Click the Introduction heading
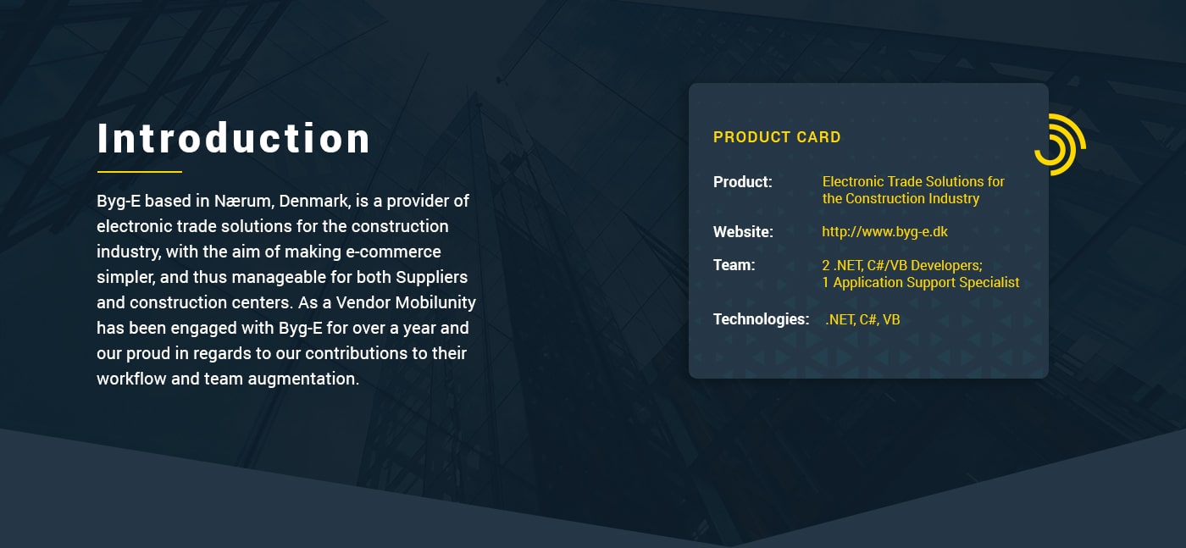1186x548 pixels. (x=234, y=138)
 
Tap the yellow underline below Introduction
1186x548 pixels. (x=139, y=172)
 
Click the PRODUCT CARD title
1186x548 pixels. (x=777, y=137)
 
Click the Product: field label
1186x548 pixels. (x=742, y=182)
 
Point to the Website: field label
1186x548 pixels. (x=743, y=232)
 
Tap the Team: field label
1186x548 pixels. (x=734, y=265)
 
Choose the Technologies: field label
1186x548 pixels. (x=761, y=319)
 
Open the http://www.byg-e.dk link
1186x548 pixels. (x=884, y=232)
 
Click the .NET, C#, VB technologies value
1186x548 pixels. (x=862, y=320)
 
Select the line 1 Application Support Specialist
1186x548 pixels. (x=921, y=283)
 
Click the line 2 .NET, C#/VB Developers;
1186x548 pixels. (x=902, y=265)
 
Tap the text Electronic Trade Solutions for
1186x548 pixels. (x=913, y=181)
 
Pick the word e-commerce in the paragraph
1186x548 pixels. (x=393, y=252)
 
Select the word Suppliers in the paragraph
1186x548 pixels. (x=431, y=278)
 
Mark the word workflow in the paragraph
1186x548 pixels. (x=131, y=379)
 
